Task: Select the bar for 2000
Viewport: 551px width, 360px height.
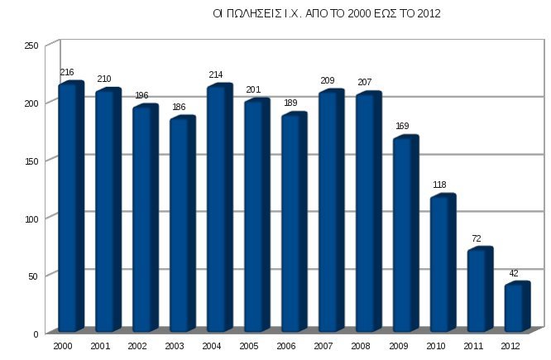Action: (69, 207)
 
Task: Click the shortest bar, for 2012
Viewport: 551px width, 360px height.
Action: (515, 307)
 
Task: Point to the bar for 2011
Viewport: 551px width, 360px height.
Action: (478, 290)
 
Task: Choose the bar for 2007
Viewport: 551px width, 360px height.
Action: (329, 211)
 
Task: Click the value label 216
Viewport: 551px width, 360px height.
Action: (67, 74)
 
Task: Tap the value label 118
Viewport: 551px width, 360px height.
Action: (439, 185)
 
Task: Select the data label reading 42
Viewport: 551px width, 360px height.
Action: (514, 273)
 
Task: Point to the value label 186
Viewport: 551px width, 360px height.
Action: (179, 108)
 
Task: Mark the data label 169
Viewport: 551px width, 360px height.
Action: (402, 127)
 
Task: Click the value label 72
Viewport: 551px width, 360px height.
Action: (477, 238)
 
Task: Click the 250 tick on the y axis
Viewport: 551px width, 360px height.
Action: (31, 45)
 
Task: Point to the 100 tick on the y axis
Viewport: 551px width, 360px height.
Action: (31, 218)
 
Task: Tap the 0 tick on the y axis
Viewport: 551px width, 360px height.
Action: (36, 334)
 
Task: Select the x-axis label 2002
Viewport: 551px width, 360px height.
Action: (138, 345)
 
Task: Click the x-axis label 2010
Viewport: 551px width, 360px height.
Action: (436, 345)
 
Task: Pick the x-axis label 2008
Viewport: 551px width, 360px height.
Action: (362, 345)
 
